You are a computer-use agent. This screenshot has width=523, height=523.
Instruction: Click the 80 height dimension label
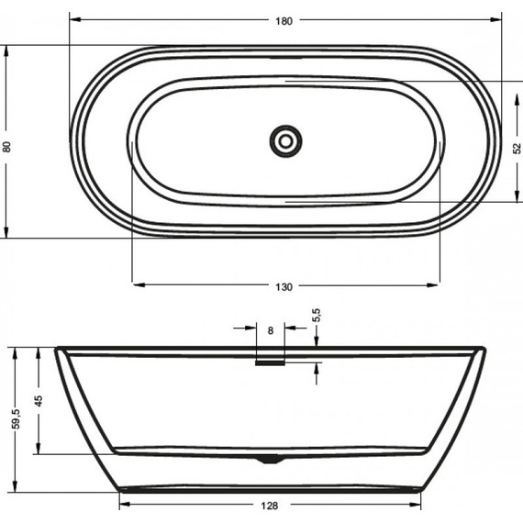(8, 146)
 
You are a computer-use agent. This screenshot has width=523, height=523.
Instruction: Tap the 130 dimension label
(284, 288)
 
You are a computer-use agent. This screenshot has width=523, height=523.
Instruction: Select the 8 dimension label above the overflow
(270, 329)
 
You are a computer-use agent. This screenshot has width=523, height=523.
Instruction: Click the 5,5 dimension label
(316, 316)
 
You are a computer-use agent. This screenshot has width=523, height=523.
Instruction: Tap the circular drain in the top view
(285, 140)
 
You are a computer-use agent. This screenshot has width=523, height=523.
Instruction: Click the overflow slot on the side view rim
(270, 362)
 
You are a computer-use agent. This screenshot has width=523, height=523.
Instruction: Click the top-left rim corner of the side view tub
(58, 349)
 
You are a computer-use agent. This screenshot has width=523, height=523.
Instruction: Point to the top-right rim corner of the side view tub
(483, 349)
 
